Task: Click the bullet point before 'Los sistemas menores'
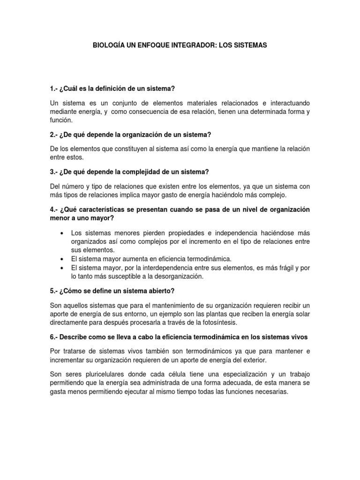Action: (63, 233)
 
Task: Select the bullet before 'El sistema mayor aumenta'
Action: (63, 259)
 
